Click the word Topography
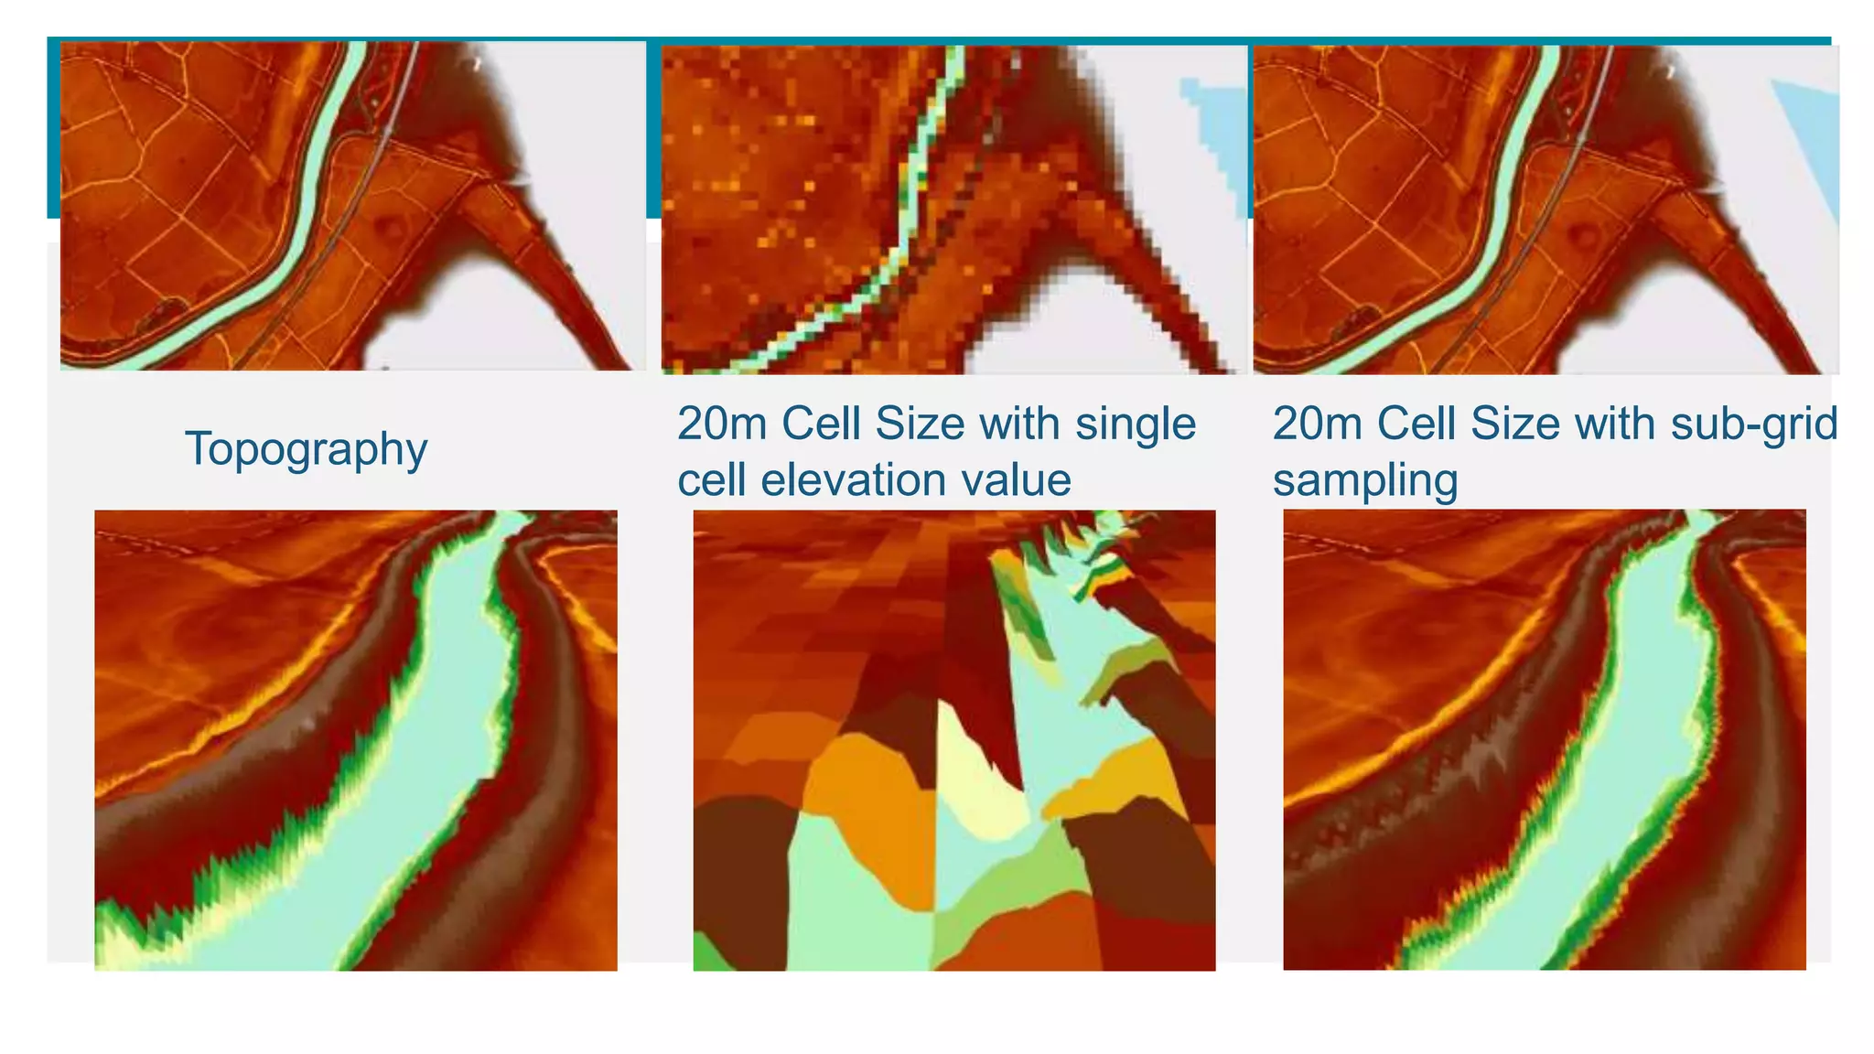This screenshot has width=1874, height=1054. (x=306, y=449)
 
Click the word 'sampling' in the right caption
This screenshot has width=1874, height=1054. (x=1364, y=481)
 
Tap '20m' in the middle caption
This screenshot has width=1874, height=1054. (x=722, y=424)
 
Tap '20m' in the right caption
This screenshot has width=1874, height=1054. (x=1317, y=424)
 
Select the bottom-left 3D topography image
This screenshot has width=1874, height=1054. (x=355, y=739)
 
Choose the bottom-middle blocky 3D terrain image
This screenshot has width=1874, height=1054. (x=953, y=739)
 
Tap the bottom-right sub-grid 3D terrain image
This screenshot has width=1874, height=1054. (x=1544, y=739)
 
